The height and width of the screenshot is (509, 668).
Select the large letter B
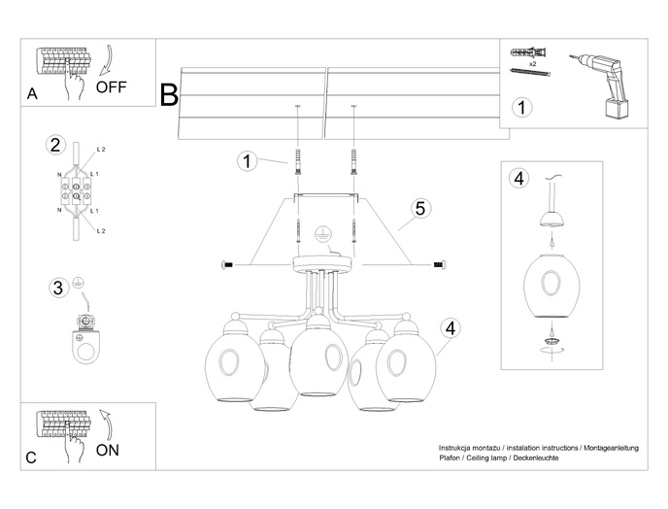169,94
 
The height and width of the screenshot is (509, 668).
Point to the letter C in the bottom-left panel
32,457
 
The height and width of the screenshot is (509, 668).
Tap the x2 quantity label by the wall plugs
533,60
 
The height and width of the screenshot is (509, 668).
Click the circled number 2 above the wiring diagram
55,146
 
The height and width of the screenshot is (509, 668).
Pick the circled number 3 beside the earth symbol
57,287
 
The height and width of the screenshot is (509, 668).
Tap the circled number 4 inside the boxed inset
519,178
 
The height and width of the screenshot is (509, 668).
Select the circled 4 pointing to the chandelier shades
450,326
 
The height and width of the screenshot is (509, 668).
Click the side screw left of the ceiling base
229,264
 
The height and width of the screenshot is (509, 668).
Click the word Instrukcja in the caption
459,447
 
